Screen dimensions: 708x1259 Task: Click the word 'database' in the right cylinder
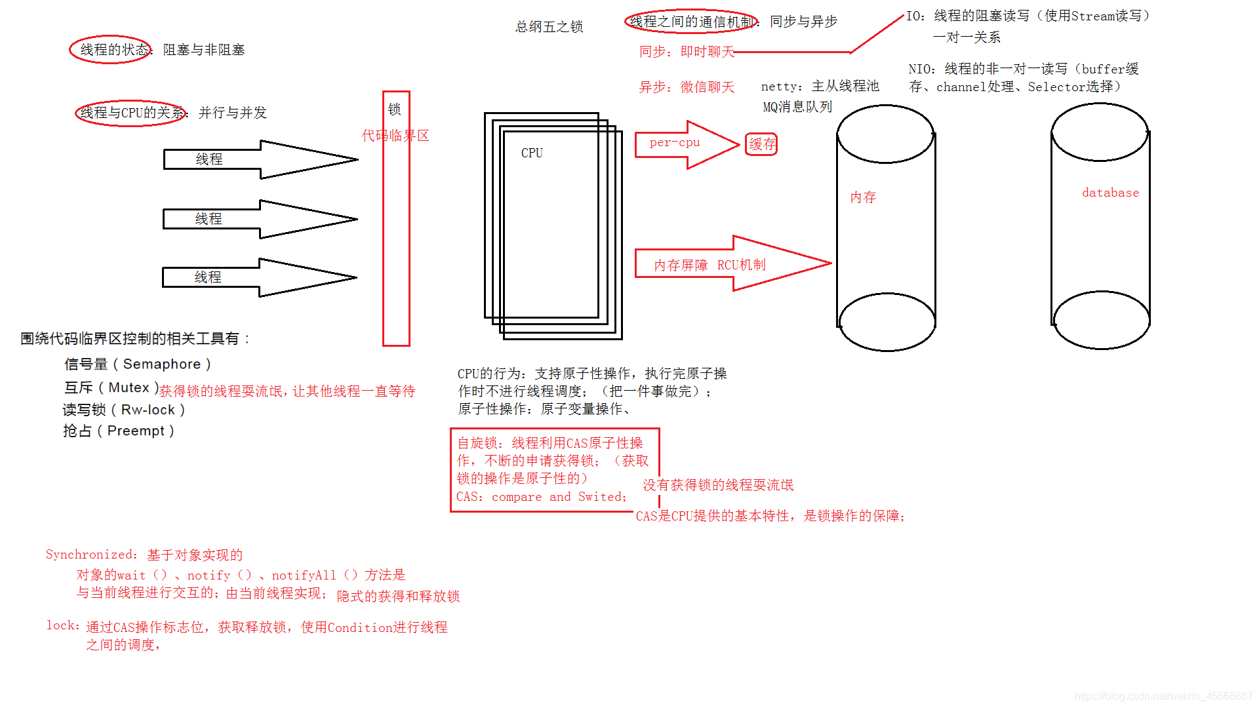(1110, 193)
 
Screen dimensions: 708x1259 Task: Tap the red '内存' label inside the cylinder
(863, 197)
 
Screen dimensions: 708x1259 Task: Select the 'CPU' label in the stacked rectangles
(532, 153)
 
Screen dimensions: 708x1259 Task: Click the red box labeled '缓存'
(761, 144)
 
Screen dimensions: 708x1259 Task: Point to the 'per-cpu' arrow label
(675, 143)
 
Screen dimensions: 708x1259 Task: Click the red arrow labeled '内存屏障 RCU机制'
(709, 265)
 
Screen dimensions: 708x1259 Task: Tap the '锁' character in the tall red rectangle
(394, 109)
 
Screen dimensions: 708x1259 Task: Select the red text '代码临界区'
(395, 136)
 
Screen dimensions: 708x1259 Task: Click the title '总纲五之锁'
(550, 27)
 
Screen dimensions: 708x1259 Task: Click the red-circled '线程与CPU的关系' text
(132, 113)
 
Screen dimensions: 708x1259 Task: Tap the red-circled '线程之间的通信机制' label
(690, 22)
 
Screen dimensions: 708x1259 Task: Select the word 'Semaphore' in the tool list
(162, 364)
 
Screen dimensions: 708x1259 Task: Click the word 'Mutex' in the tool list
(129, 388)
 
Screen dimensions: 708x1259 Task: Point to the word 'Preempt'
(136, 431)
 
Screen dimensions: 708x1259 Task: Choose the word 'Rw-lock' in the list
(148, 410)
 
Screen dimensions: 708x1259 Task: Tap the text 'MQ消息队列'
(797, 107)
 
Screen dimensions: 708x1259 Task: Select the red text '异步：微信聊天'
(687, 87)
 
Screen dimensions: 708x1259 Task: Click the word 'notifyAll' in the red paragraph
(304, 576)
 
